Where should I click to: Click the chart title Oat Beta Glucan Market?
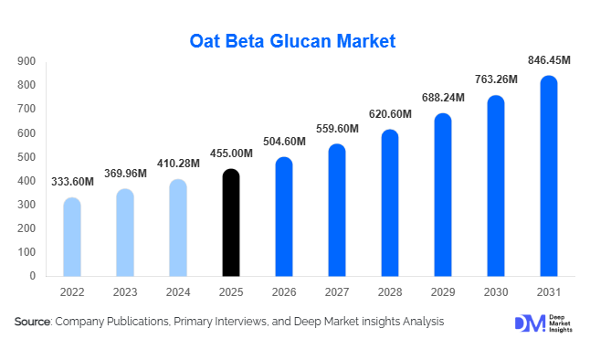pos(294,41)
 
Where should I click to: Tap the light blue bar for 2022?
pos(71,237)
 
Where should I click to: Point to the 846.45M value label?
pos(549,60)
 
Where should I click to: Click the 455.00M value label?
pos(231,154)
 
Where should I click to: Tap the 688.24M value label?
pos(443,98)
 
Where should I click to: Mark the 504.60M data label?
pos(284,142)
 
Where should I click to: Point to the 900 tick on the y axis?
pos(26,61)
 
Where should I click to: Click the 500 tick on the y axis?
pos(26,157)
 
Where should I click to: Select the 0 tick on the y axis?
pos(32,276)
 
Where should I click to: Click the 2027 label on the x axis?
pos(337,292)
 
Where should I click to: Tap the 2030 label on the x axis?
pos(496,292)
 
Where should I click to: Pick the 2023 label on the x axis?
pos(125,292)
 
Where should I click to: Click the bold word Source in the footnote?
pos(32,322)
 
